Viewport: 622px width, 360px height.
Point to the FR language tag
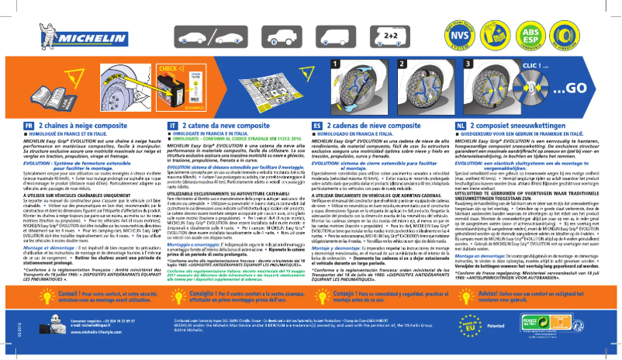coord(28,124)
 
